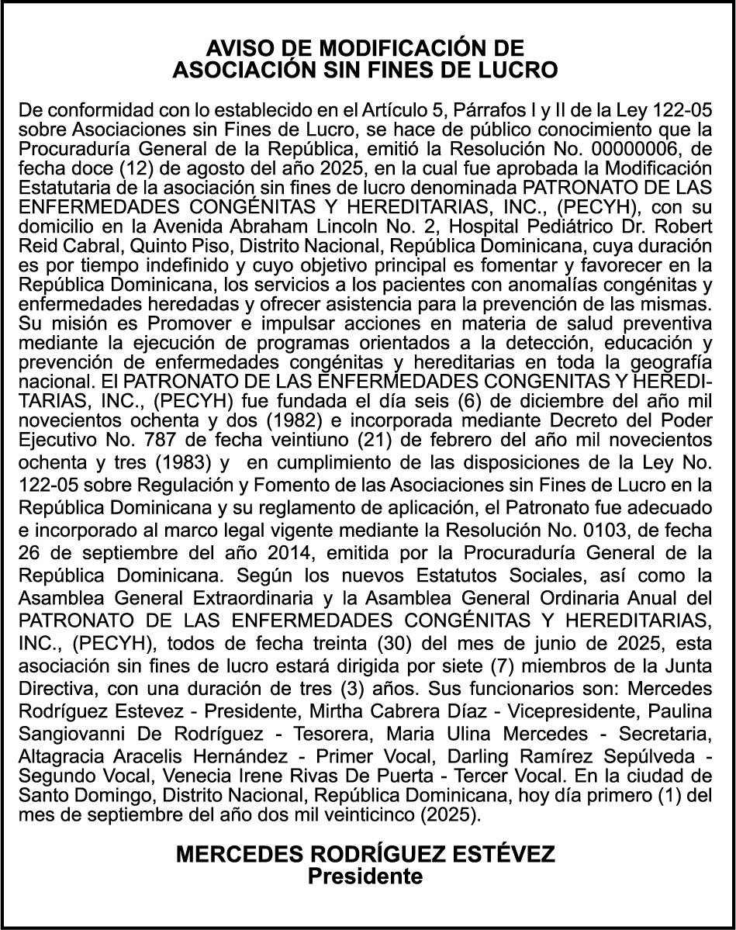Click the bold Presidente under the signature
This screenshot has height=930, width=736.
366,876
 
